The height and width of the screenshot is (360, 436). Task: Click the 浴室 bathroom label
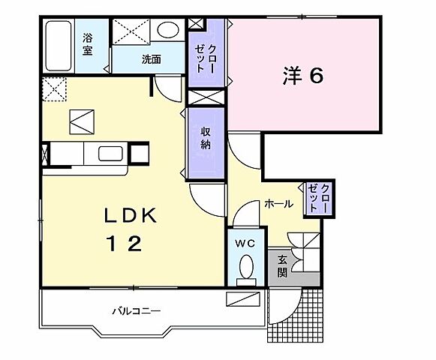89,44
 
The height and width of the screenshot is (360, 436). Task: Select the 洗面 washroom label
152,59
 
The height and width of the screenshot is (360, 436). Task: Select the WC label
246,244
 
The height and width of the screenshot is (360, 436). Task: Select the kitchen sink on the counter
111,154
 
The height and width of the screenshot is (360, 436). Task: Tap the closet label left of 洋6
200,53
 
